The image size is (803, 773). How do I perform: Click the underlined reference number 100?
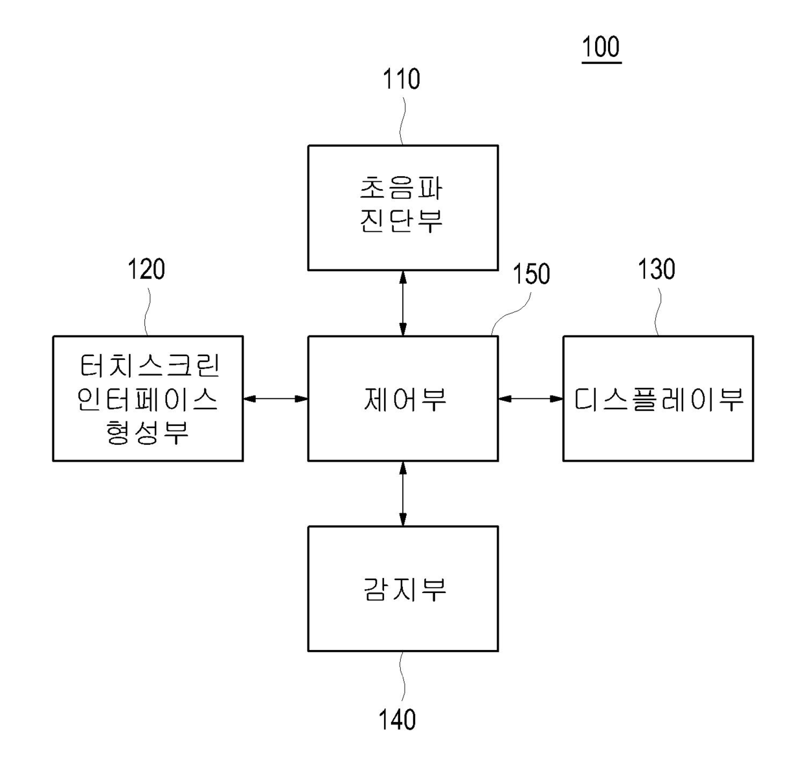click(600, 47)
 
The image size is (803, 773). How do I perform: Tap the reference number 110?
click(401, 79)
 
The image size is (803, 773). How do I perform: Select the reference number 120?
click(146, 269)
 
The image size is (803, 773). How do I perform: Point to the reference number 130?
click(656, 269)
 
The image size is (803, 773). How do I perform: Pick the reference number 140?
click(397, 719)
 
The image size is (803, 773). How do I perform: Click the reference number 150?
click(531, 274)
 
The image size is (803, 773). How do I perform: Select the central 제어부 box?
click(403, 421)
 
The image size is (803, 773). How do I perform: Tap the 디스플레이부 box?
click(658, 427)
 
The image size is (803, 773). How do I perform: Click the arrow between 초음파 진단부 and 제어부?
click(403, 302)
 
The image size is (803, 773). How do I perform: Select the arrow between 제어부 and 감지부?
click(403, 493)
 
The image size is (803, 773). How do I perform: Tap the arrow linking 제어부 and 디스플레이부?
click(530, 399)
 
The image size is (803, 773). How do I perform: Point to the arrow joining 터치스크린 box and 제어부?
click(275, 399)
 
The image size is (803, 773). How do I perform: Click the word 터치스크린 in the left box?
click(149, 366)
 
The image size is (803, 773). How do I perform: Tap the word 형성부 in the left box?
click(148, 431)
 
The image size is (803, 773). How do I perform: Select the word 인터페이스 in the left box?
click(148, 399)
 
